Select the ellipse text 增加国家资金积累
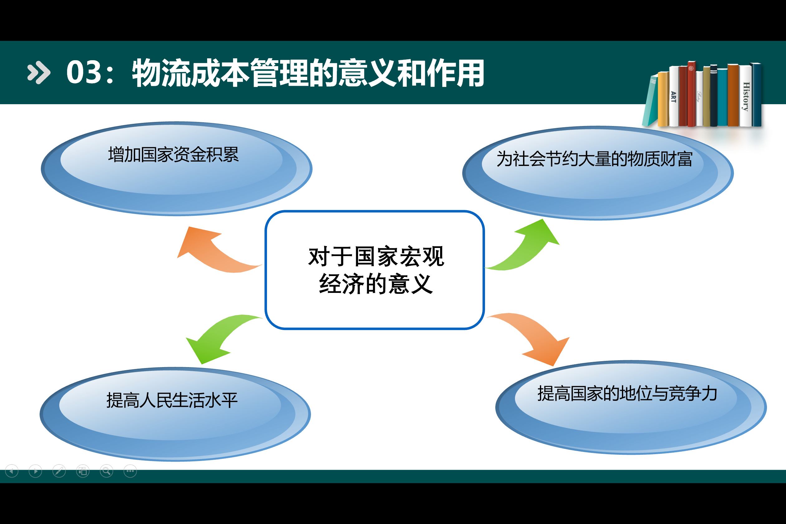173,155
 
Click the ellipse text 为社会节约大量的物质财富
594,159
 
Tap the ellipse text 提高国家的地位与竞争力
627,393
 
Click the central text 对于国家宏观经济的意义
376,270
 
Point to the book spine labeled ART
673,97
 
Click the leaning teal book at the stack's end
650,102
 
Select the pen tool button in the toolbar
59,471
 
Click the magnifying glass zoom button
107,471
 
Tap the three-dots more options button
130,471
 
